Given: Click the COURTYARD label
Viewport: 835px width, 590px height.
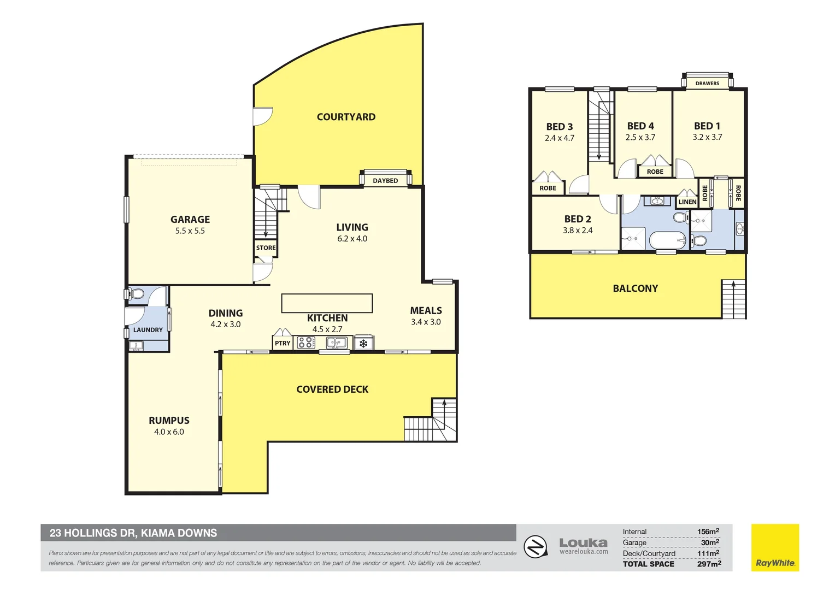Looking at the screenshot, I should pos(346,117).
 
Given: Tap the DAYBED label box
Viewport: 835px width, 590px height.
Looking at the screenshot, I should pos(385,181).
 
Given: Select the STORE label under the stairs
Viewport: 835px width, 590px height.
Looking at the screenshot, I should pos(266,248).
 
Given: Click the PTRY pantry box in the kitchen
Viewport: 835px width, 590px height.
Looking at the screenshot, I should pos(283,343).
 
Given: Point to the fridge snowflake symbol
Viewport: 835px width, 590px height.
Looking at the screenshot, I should pos(363,344).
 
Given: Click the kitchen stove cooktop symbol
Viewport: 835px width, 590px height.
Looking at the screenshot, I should pos(307,343).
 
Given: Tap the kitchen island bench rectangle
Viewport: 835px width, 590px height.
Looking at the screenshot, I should pos(327,303).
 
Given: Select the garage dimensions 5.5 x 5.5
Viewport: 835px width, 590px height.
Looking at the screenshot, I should pos(190,231).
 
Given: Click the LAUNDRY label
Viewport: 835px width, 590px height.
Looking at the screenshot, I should pos(148,330).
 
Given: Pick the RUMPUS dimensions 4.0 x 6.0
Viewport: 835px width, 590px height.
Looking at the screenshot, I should pos(169,432).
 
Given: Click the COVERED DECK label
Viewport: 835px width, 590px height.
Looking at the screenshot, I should pos(332,390).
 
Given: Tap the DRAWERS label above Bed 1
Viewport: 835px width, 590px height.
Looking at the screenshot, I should pos(707,84).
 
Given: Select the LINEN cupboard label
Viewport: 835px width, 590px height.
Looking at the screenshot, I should pos(687,202).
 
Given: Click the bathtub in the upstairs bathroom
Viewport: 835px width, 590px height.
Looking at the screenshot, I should pos(667,240).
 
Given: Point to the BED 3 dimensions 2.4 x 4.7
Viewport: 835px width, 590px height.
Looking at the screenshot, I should pos(560,138).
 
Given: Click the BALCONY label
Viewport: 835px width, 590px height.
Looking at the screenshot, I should pos(635,288).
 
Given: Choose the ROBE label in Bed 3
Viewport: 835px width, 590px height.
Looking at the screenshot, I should pos(548,188).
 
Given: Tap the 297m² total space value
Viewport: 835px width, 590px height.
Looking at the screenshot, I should pos(709,564).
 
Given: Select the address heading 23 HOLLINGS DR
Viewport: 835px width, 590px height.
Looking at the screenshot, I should pos(133,533).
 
